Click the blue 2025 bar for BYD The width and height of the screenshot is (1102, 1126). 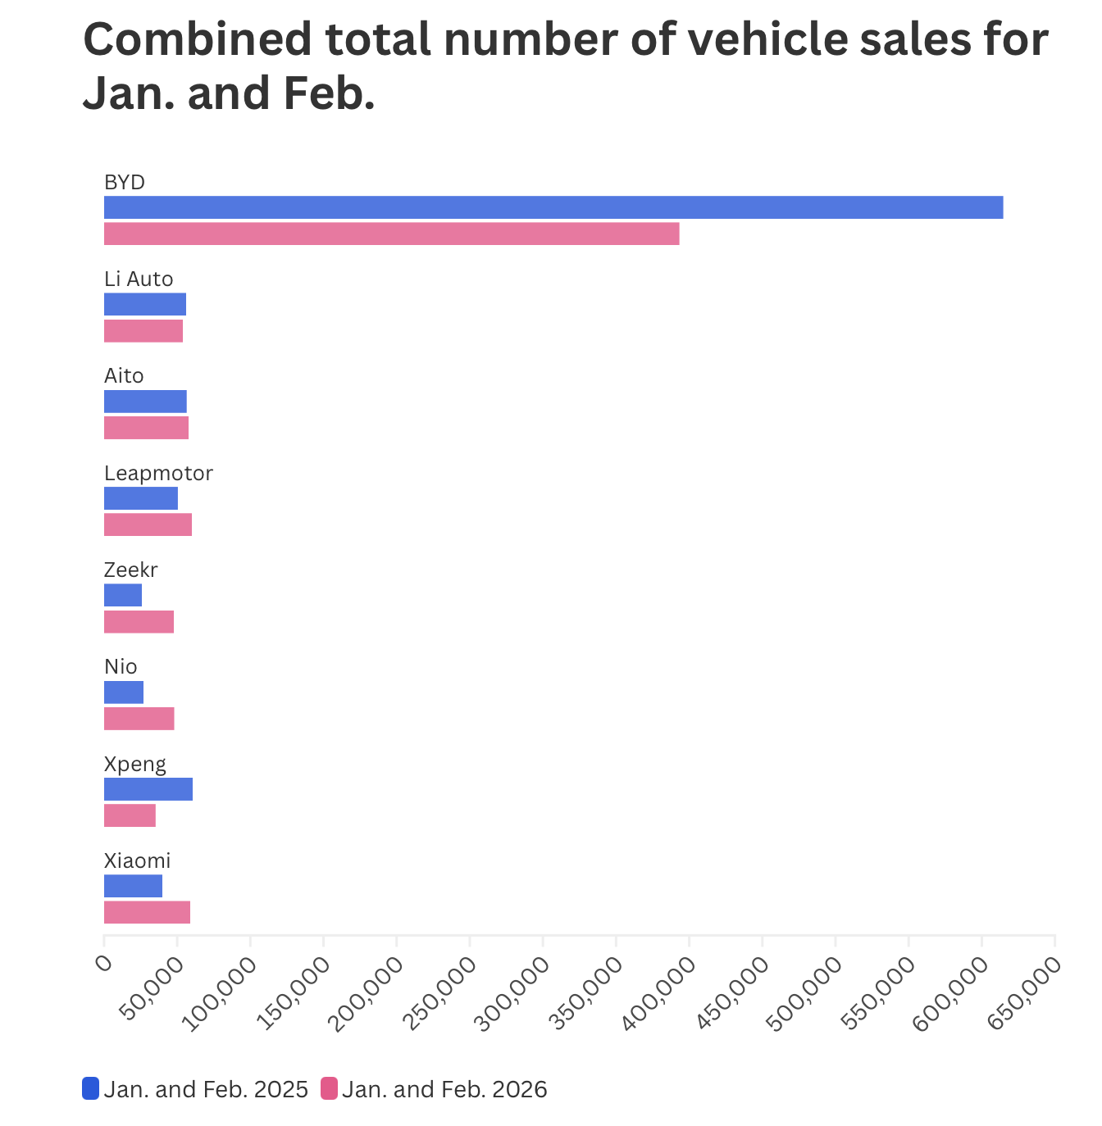coord(553,207)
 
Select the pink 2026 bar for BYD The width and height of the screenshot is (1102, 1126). coord(391,234)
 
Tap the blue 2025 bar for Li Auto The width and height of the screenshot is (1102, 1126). coord(145,304)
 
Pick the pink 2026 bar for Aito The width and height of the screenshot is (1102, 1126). coord(146,428)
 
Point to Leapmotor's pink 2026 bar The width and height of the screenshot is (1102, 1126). coord(148,524)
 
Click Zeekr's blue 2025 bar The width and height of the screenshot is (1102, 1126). coord(123,595)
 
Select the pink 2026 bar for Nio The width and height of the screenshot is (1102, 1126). coord(139,719)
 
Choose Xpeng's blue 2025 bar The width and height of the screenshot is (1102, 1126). coord(148,789)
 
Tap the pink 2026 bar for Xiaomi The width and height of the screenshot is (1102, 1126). coord(147,912)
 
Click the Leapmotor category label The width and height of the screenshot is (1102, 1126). coord(158,473)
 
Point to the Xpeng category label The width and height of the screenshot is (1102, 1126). coord(135,764)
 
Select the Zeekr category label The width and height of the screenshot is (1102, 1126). coord(130,570)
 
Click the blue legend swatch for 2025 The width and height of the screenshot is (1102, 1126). coord(90,1088)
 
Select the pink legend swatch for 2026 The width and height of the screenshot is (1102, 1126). coord(329,1088)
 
